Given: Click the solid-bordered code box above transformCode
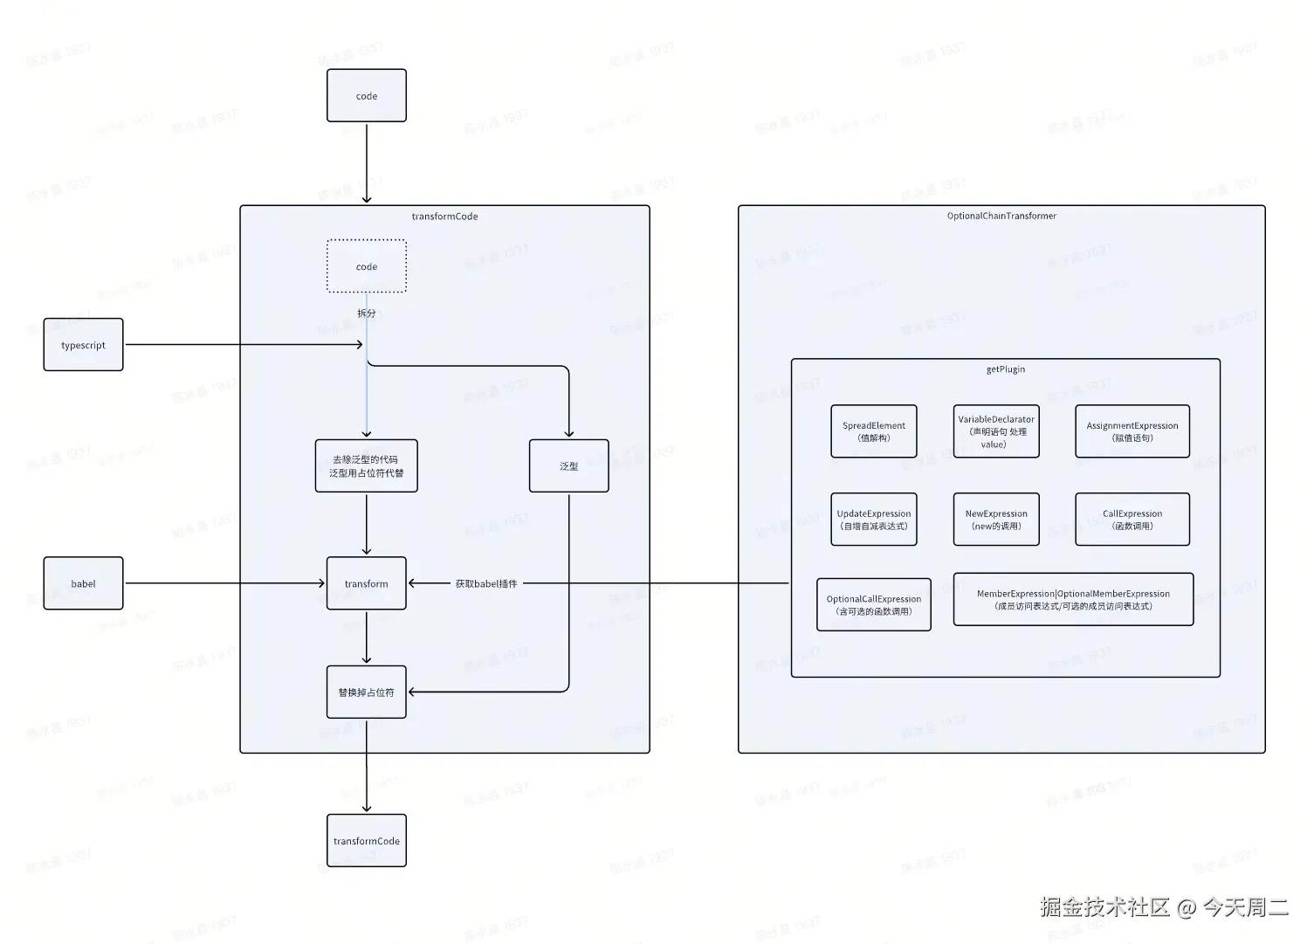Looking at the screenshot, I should click(367, 96).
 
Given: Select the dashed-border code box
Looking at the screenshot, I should click(367, 266).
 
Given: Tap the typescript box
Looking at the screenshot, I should click(84, 345).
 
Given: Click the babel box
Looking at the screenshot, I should click(84, 583).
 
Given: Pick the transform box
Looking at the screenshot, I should click(367, 583).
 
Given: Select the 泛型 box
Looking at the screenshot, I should click(569, 466).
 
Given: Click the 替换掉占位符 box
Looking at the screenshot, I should click(367, 692).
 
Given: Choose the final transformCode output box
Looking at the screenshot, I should click(367, 841).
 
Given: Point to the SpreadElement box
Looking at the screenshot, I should click(874, 431).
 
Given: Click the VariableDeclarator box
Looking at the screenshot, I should click(996, 431).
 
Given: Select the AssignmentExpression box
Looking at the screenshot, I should click(1132, 431).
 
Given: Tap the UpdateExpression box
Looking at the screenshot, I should click(874, 520).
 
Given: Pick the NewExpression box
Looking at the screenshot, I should click(996, 520).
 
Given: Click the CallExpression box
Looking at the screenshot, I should click(1132, 520).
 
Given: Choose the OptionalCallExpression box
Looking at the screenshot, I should click(874, 604).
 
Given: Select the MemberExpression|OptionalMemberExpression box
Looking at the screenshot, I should click(1073, 599).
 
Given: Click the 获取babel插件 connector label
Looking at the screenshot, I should click(486, 583).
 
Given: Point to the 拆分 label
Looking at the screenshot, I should click(367, 313).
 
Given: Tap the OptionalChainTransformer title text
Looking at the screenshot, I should click(1001, 216).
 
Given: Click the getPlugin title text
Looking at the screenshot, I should click(1006, 369).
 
